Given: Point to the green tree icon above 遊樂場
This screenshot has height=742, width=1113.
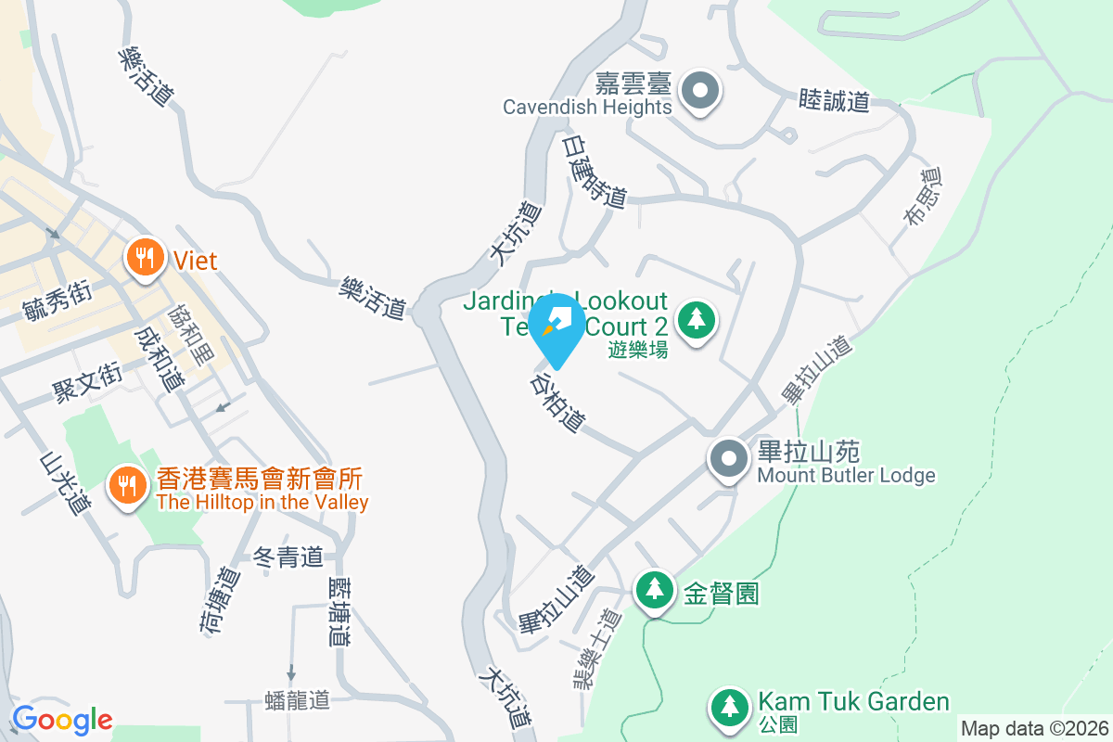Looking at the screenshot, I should click(696, 321).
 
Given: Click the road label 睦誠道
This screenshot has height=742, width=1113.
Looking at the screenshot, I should click(834, 101).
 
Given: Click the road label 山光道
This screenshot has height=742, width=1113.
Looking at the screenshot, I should click(65, 482).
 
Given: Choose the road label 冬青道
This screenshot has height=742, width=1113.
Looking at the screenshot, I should click(288, 557).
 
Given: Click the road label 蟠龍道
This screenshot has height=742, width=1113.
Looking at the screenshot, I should click(297, 699).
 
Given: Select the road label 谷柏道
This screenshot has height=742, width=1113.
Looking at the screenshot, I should click(557, 403).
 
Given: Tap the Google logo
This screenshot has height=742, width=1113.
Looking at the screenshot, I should click(62, 719).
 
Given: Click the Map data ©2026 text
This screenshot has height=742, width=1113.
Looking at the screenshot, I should click(1034, 728).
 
